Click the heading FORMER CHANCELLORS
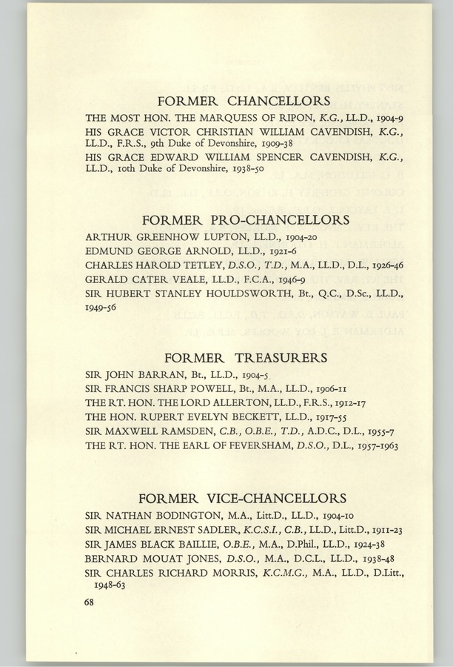tap(244, 99)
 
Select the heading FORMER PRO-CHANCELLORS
tap(244, 220)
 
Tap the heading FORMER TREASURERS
tap(244, 358)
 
